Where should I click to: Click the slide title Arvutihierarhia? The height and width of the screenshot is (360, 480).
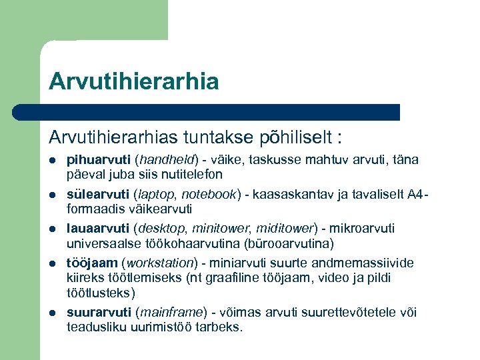[x=133, y=81]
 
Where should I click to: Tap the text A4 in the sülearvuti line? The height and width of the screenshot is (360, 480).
[x=415, y=195]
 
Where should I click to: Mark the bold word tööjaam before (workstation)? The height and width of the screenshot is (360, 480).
[x=91, y=263]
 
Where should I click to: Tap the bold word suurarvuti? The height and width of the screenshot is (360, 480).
[x=99, y=312]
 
